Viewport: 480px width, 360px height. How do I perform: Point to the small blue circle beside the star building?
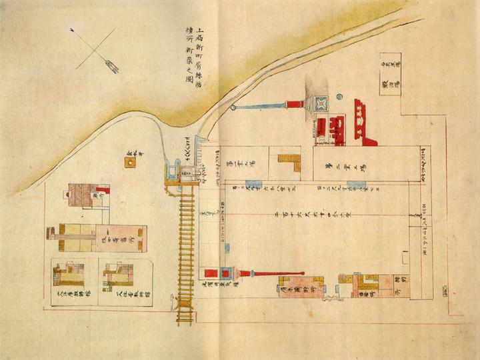339,97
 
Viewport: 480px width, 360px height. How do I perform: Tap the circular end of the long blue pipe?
233,107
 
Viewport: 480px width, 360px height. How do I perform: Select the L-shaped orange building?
289,162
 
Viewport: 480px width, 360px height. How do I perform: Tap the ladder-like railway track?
187,247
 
